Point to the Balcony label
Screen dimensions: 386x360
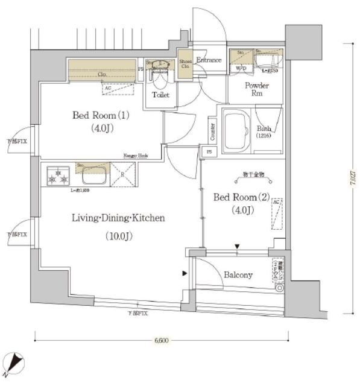coord(238,275)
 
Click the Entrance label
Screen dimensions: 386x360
coord(209,60)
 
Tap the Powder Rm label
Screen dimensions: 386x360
coord(256,89)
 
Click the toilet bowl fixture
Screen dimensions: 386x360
coord(160,75)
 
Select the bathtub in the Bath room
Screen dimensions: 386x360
coord(236,130)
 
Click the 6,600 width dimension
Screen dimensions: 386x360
coord(160,341)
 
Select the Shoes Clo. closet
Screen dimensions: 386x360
coord(185,65)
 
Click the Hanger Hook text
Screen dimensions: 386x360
coord(136,155)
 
